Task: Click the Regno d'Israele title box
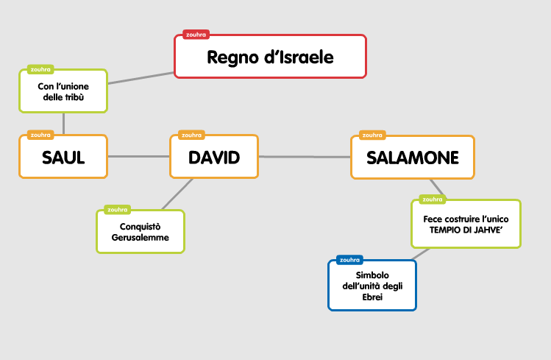click(x=270, y=57)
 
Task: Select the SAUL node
click(x=63, y=157)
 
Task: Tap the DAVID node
click(x=214, y=157)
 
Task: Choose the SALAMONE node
click(x=412, y=158)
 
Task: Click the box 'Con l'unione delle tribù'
click(x=63, y=91)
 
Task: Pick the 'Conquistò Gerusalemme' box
click(x=140, y=232)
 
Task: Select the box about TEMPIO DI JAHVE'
click(x=465, y=225)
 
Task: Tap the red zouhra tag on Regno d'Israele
click(x=196, y=34)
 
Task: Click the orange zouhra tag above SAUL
click(x=39, y=135)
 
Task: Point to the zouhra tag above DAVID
click(x=191, y=135)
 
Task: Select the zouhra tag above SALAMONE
click(x=371, y=135)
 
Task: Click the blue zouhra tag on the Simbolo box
click(x=349, y=260)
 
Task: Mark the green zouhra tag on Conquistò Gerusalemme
click(x=117, y=210)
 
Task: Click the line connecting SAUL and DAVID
click(x=138, y=157)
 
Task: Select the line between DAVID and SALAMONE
click(x=304, y=157)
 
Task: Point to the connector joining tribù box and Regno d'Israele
click(x=141, y=78)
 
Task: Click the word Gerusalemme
click(x=140, y=238)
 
